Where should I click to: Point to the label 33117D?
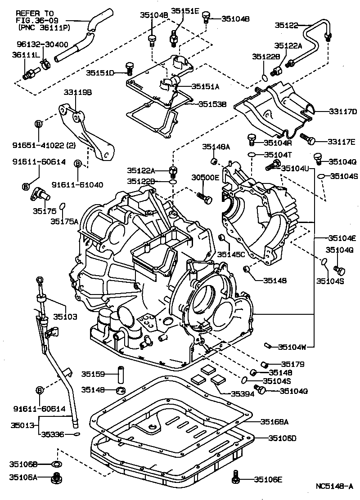[x=336, y=111]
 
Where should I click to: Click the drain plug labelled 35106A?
[x=57, y=478]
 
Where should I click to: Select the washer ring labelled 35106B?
[x=57, y=464]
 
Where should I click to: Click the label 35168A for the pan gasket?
[x=275, y=422]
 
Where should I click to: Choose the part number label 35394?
[x=243, y=393]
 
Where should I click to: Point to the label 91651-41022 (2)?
[x=45, y=145]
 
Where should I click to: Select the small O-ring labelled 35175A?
[x=63, y=206]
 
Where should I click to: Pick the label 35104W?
[x=292, y=347]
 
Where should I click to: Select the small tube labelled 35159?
[x=120, y=374]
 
